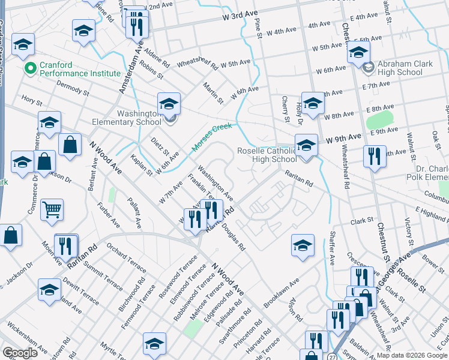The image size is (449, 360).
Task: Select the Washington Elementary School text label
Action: [126, 116]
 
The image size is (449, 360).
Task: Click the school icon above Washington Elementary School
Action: [169, 103]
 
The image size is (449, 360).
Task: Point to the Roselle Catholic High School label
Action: [267, 155]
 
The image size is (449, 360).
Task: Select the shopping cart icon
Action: [52, 210]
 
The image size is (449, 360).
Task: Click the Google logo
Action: [20, 353]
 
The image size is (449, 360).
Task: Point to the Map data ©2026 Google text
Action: [411, 355]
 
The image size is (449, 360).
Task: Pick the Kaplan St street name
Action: [142, 166]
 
